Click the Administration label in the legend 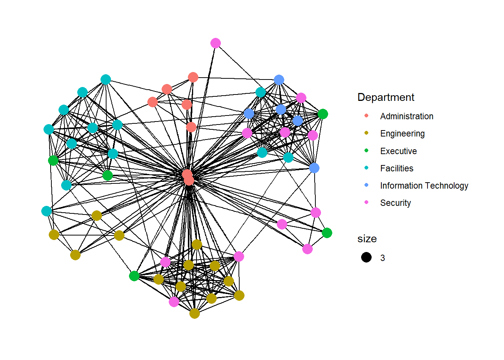406,116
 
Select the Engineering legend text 402,133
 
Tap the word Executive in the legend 398,151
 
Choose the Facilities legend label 396,168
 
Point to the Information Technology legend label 424,186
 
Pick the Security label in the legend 395,203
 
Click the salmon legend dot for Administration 366,115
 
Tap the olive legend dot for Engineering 366,133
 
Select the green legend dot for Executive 366,150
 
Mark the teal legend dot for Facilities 366,168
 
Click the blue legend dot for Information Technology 366,185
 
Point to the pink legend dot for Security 366,202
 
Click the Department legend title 385,97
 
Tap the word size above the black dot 367,239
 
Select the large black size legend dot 366,257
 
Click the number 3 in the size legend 382,258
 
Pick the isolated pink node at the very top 216,43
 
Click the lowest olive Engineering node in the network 195,313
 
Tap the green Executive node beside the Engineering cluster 134,276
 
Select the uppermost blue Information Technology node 279,80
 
